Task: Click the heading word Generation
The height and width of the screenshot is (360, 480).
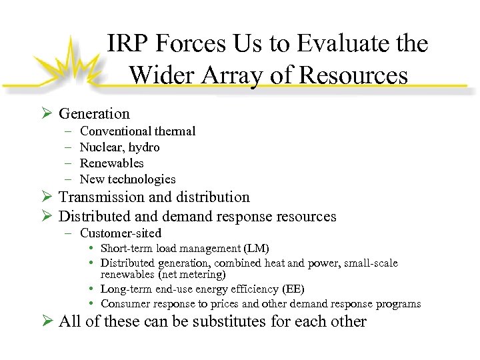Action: (x=94, y=114)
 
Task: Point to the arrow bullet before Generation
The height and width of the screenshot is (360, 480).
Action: (x=46, y=114)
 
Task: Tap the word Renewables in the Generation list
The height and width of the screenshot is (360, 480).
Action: (x=111, y=163)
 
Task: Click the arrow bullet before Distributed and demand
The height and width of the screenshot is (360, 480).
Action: (x=46, y=217)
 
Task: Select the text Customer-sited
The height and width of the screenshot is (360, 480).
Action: (x=120, y=233)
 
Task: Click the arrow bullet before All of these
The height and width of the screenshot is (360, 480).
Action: (x=46, y=321)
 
